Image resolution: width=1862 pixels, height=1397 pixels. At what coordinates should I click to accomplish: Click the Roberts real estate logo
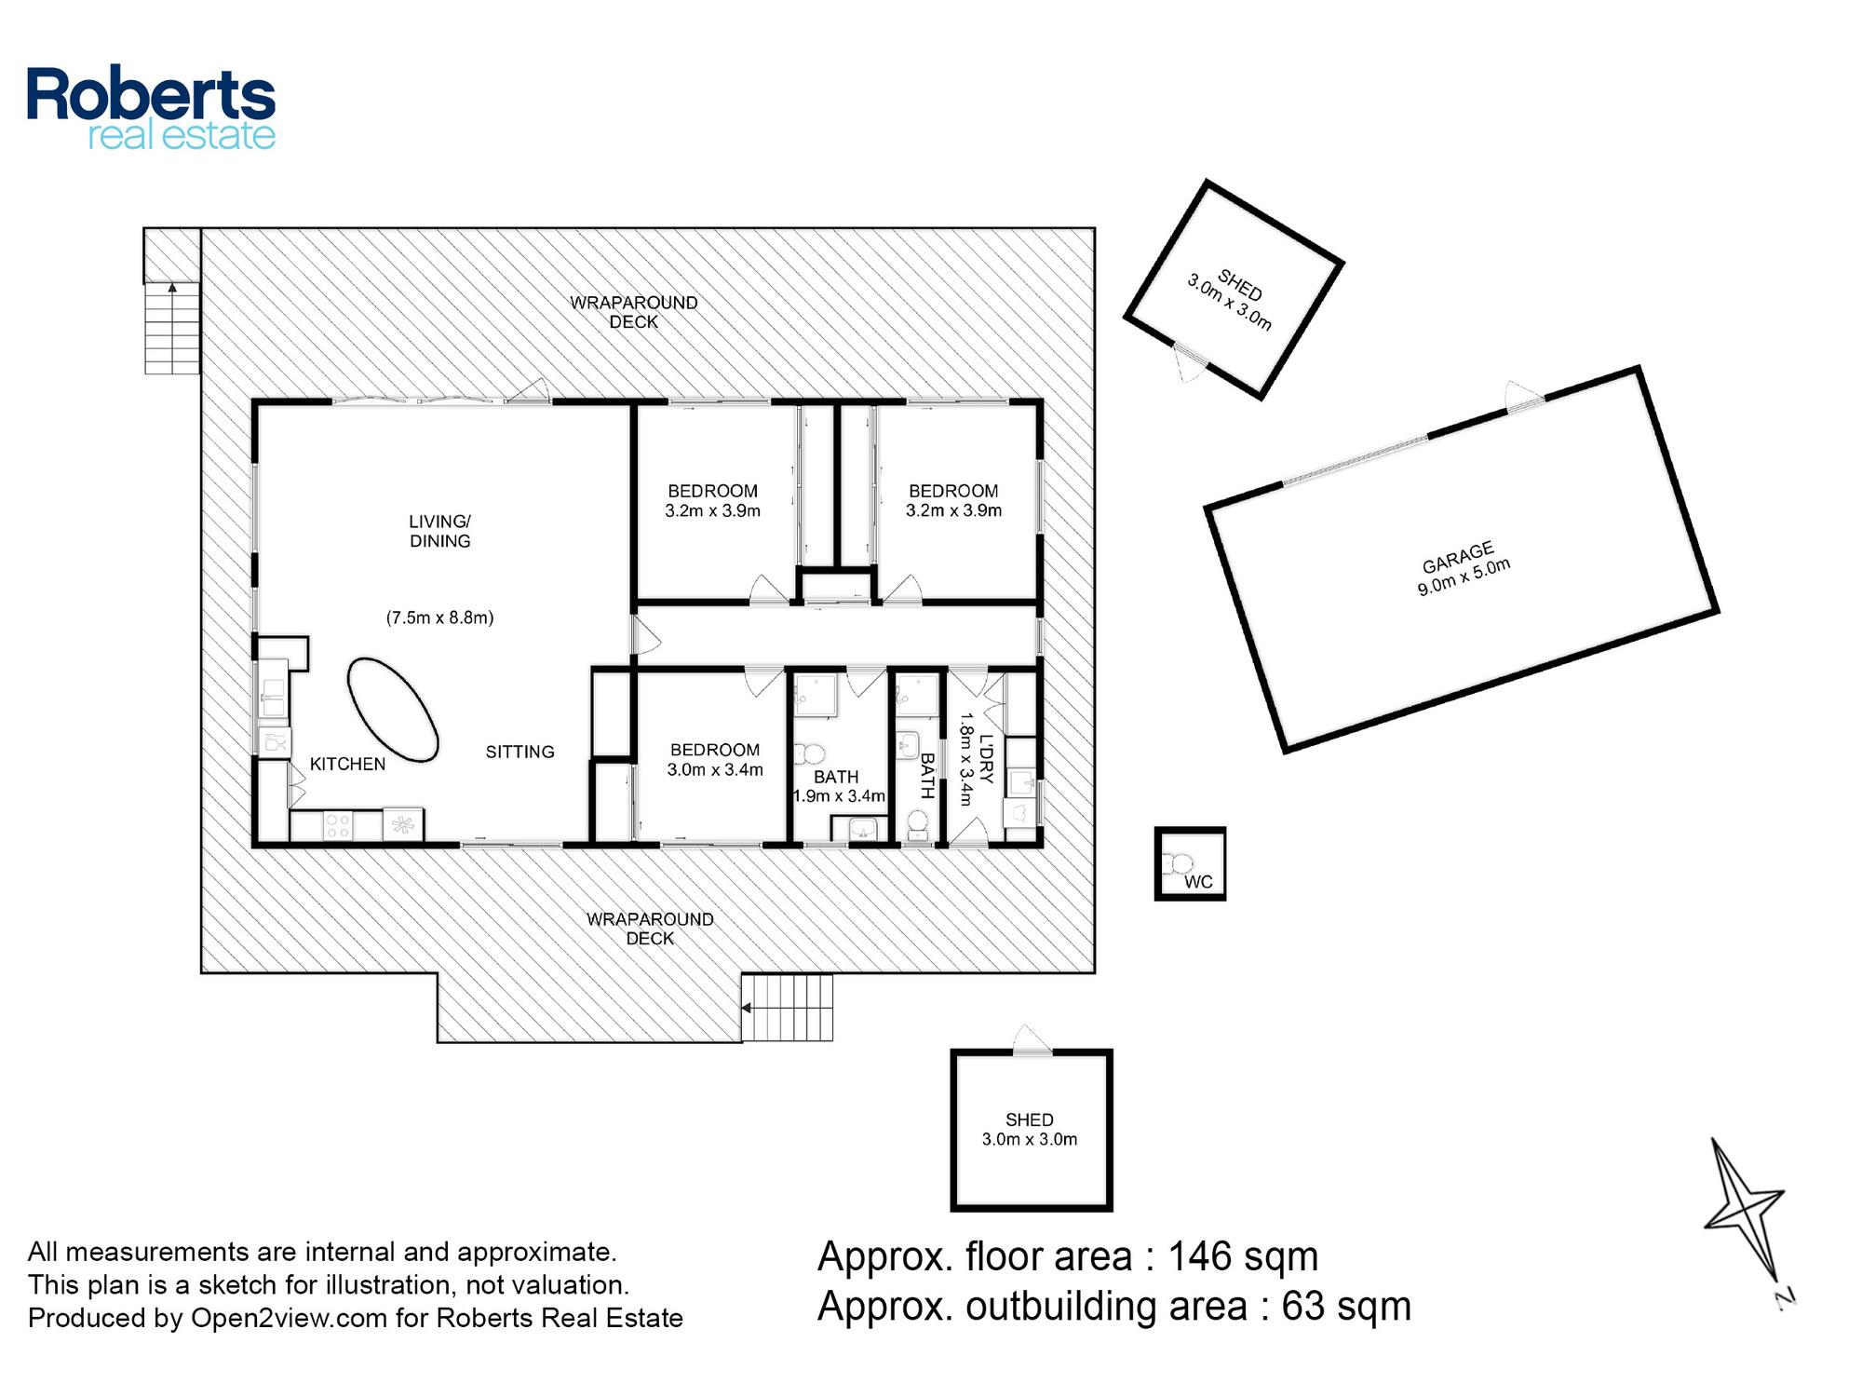click(x=151, y=108)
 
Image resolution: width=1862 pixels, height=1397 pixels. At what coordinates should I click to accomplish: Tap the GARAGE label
click(x=1458, y=558)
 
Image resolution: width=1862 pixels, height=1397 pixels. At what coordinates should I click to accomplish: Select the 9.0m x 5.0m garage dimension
click(x=1464, y=576)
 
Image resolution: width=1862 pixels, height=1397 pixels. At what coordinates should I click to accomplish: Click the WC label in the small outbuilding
click(x=1198, y=882)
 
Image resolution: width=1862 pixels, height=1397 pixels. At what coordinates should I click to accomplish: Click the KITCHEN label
click(x=347, y=764)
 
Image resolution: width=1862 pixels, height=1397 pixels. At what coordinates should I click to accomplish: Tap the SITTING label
click(x=519, y=752)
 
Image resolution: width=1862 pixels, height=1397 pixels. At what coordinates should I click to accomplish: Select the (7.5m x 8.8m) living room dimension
click(x=439, y=617)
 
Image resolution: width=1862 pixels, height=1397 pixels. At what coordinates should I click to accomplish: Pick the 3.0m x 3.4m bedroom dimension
click(x=715, y=769)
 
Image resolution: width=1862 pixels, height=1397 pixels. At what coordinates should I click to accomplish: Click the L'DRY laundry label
click(x=987, y=759)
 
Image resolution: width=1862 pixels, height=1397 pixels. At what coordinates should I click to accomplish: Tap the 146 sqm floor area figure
click(x=1243, y=1256)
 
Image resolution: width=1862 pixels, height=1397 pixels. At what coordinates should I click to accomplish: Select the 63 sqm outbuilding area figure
click(x=1346, y=1306)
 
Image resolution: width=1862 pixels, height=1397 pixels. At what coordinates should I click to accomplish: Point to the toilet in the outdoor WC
click(x=1178, y=864)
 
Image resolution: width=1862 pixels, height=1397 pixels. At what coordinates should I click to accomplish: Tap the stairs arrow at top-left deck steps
click(x=172, y=289)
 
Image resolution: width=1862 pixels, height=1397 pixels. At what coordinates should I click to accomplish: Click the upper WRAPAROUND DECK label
click(x=634, y=312)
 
